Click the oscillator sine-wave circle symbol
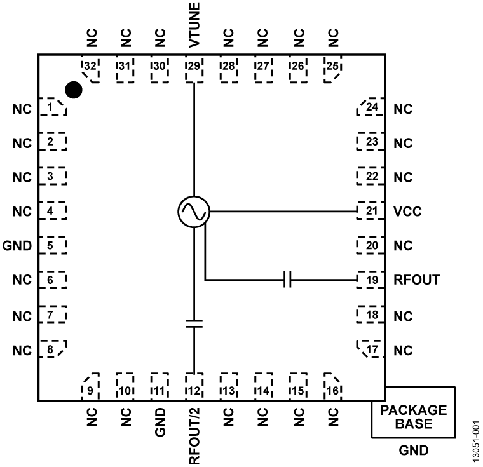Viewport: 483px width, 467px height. pyautogui.click(x=193, y=211)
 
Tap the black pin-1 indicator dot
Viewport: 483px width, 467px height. pyautogui.click(x=74, y=90)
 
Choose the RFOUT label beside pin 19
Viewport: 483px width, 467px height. pyautogui.click(x=416, y=280)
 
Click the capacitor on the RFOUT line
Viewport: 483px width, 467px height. pyautogui.click(x=288, y=280)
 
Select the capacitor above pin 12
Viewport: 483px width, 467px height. pyautogui.click(x=193, y=324)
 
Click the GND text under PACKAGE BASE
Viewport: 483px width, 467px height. pyautogui.click(x=414, y=451)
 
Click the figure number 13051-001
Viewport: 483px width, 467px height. pyautogui.click(x=473, y=438)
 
